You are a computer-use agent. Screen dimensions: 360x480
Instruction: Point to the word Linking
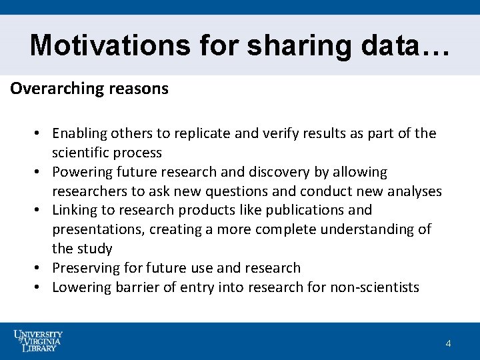pos(75,210)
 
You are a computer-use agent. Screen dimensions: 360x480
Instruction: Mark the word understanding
pos(355,229)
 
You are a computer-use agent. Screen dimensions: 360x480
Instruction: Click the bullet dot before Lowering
pos(39,287)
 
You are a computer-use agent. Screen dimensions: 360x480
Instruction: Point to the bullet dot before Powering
pos(39,172)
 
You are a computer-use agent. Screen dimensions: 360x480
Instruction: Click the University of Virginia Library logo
pos(38,341)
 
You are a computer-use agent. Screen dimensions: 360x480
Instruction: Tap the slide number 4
pos(448,343)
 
